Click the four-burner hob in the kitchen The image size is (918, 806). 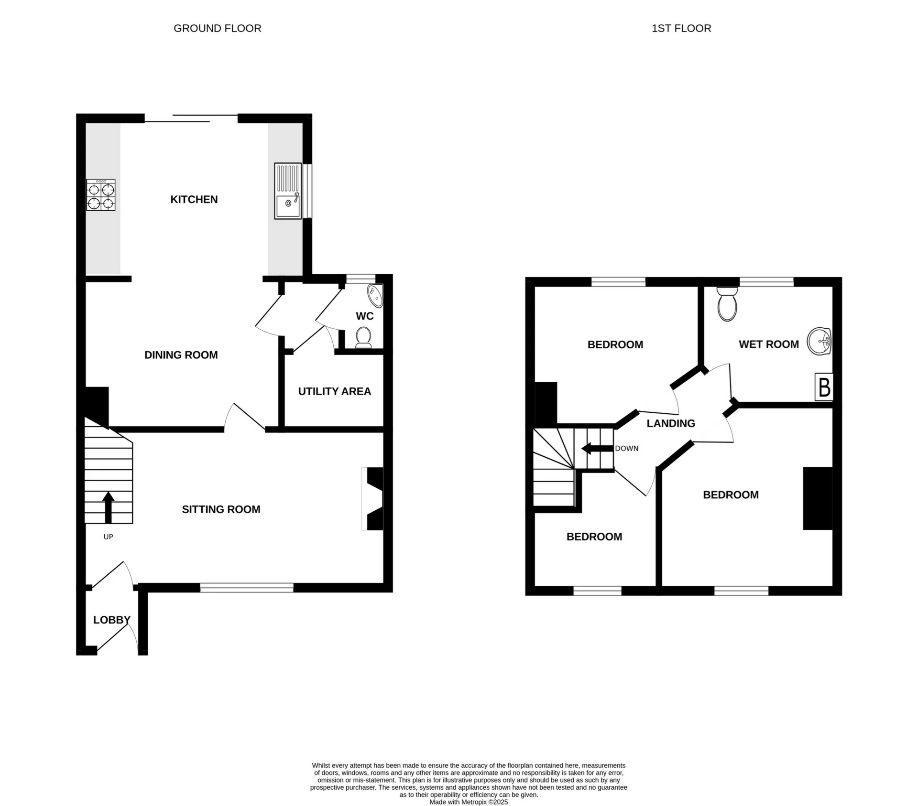point(101,195)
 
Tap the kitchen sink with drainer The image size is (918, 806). point(288,191)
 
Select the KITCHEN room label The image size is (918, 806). point(194,199)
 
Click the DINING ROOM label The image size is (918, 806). point(181,355)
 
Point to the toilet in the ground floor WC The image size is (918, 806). point(363,337)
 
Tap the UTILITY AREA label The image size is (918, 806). point(334,391)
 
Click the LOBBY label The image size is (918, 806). point(111,620)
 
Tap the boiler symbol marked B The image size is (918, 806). point(824,387)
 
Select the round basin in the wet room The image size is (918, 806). point(820,341)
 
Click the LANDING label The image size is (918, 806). point(670,423)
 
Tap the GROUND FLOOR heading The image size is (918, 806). point(217,28)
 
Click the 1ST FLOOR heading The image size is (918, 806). point(681,28)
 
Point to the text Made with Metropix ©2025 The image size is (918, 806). point(468,802)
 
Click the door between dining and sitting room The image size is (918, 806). point(244,417)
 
